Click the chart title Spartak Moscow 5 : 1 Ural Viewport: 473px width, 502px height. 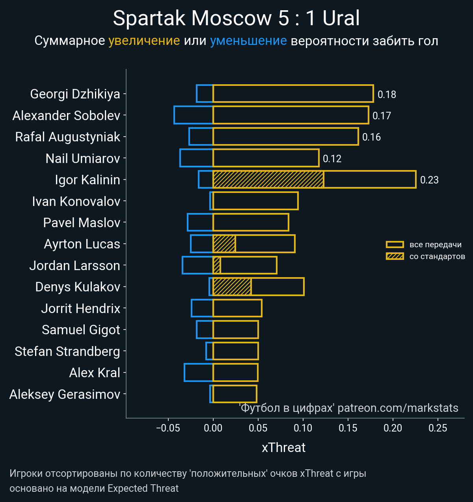[236, 18]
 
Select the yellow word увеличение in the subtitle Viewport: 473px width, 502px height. [144, 41]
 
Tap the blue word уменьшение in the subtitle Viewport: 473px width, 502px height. [248, 41]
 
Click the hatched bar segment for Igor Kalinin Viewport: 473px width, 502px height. [268, 180]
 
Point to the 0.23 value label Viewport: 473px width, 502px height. [429, 180]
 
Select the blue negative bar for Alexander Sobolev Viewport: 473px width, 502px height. [193, 115]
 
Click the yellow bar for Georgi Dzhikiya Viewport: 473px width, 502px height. [293, 94]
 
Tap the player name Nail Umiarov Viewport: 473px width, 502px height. [83, 158]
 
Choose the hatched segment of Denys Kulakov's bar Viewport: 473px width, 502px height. [232, 287]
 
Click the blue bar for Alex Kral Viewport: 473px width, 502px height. [198, 372]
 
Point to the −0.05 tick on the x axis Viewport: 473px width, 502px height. [168, 428]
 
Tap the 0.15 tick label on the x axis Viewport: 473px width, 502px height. [348, 428]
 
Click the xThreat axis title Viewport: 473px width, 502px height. [283, 448]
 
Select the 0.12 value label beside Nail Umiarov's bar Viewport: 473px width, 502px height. [332, 159]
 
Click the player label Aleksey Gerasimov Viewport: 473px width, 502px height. [65, 394]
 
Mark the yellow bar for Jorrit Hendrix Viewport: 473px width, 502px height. [237, 308]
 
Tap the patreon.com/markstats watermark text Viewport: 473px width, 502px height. [398, 408]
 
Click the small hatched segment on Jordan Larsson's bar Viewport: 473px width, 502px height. [216, 265]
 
